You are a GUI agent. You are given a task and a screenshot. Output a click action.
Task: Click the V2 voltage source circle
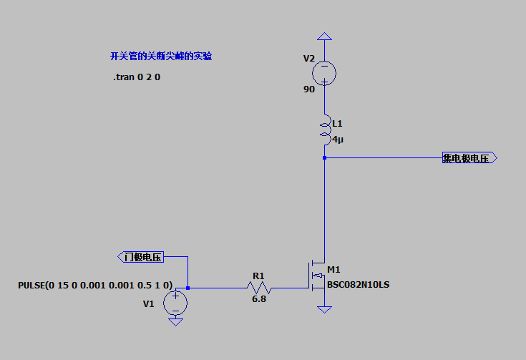click(324, 73)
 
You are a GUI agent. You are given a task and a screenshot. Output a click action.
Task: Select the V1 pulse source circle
click(175, 303)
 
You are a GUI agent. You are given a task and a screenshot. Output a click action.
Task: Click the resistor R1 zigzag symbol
click(259, 288)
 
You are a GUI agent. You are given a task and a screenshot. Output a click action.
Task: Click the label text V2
click(308, 58)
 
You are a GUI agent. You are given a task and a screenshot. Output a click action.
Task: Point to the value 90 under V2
click(308, 89)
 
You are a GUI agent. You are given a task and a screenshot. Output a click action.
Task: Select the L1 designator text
click(337, 123)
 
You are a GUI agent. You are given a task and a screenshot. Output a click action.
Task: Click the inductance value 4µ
click(338, 140)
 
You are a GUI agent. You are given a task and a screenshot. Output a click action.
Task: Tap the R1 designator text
click(258, 275)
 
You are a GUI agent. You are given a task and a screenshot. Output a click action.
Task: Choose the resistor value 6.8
click(258, 299)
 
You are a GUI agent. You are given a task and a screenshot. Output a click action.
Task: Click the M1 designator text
click(333, 270)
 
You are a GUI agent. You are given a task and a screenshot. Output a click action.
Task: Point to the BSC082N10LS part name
click(358, 285)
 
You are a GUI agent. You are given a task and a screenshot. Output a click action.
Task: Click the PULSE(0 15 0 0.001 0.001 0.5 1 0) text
click(94, 286)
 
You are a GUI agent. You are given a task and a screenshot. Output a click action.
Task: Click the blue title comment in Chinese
click(161, 56)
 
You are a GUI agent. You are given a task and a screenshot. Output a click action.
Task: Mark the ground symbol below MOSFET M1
click(324, 308)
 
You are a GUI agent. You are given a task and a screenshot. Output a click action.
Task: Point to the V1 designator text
click(148, 303)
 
